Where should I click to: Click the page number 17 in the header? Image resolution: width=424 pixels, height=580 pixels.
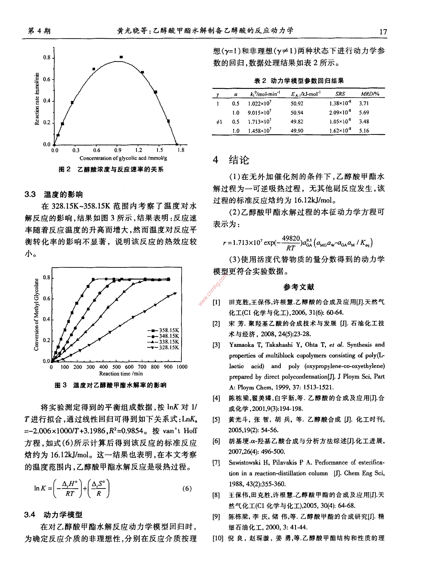coord(383,32)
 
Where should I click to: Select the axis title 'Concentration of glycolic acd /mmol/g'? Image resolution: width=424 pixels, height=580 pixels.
coord(123,158)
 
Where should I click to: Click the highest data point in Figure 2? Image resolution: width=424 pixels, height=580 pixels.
coord(121,57)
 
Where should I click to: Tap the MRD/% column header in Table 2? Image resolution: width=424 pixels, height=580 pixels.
coord(370,94)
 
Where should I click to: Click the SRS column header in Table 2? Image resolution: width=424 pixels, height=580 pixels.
coord(340,94)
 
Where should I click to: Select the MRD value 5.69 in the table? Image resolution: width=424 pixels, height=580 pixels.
coord(364,113)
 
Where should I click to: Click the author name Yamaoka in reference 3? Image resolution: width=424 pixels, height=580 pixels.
coord(242,345)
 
